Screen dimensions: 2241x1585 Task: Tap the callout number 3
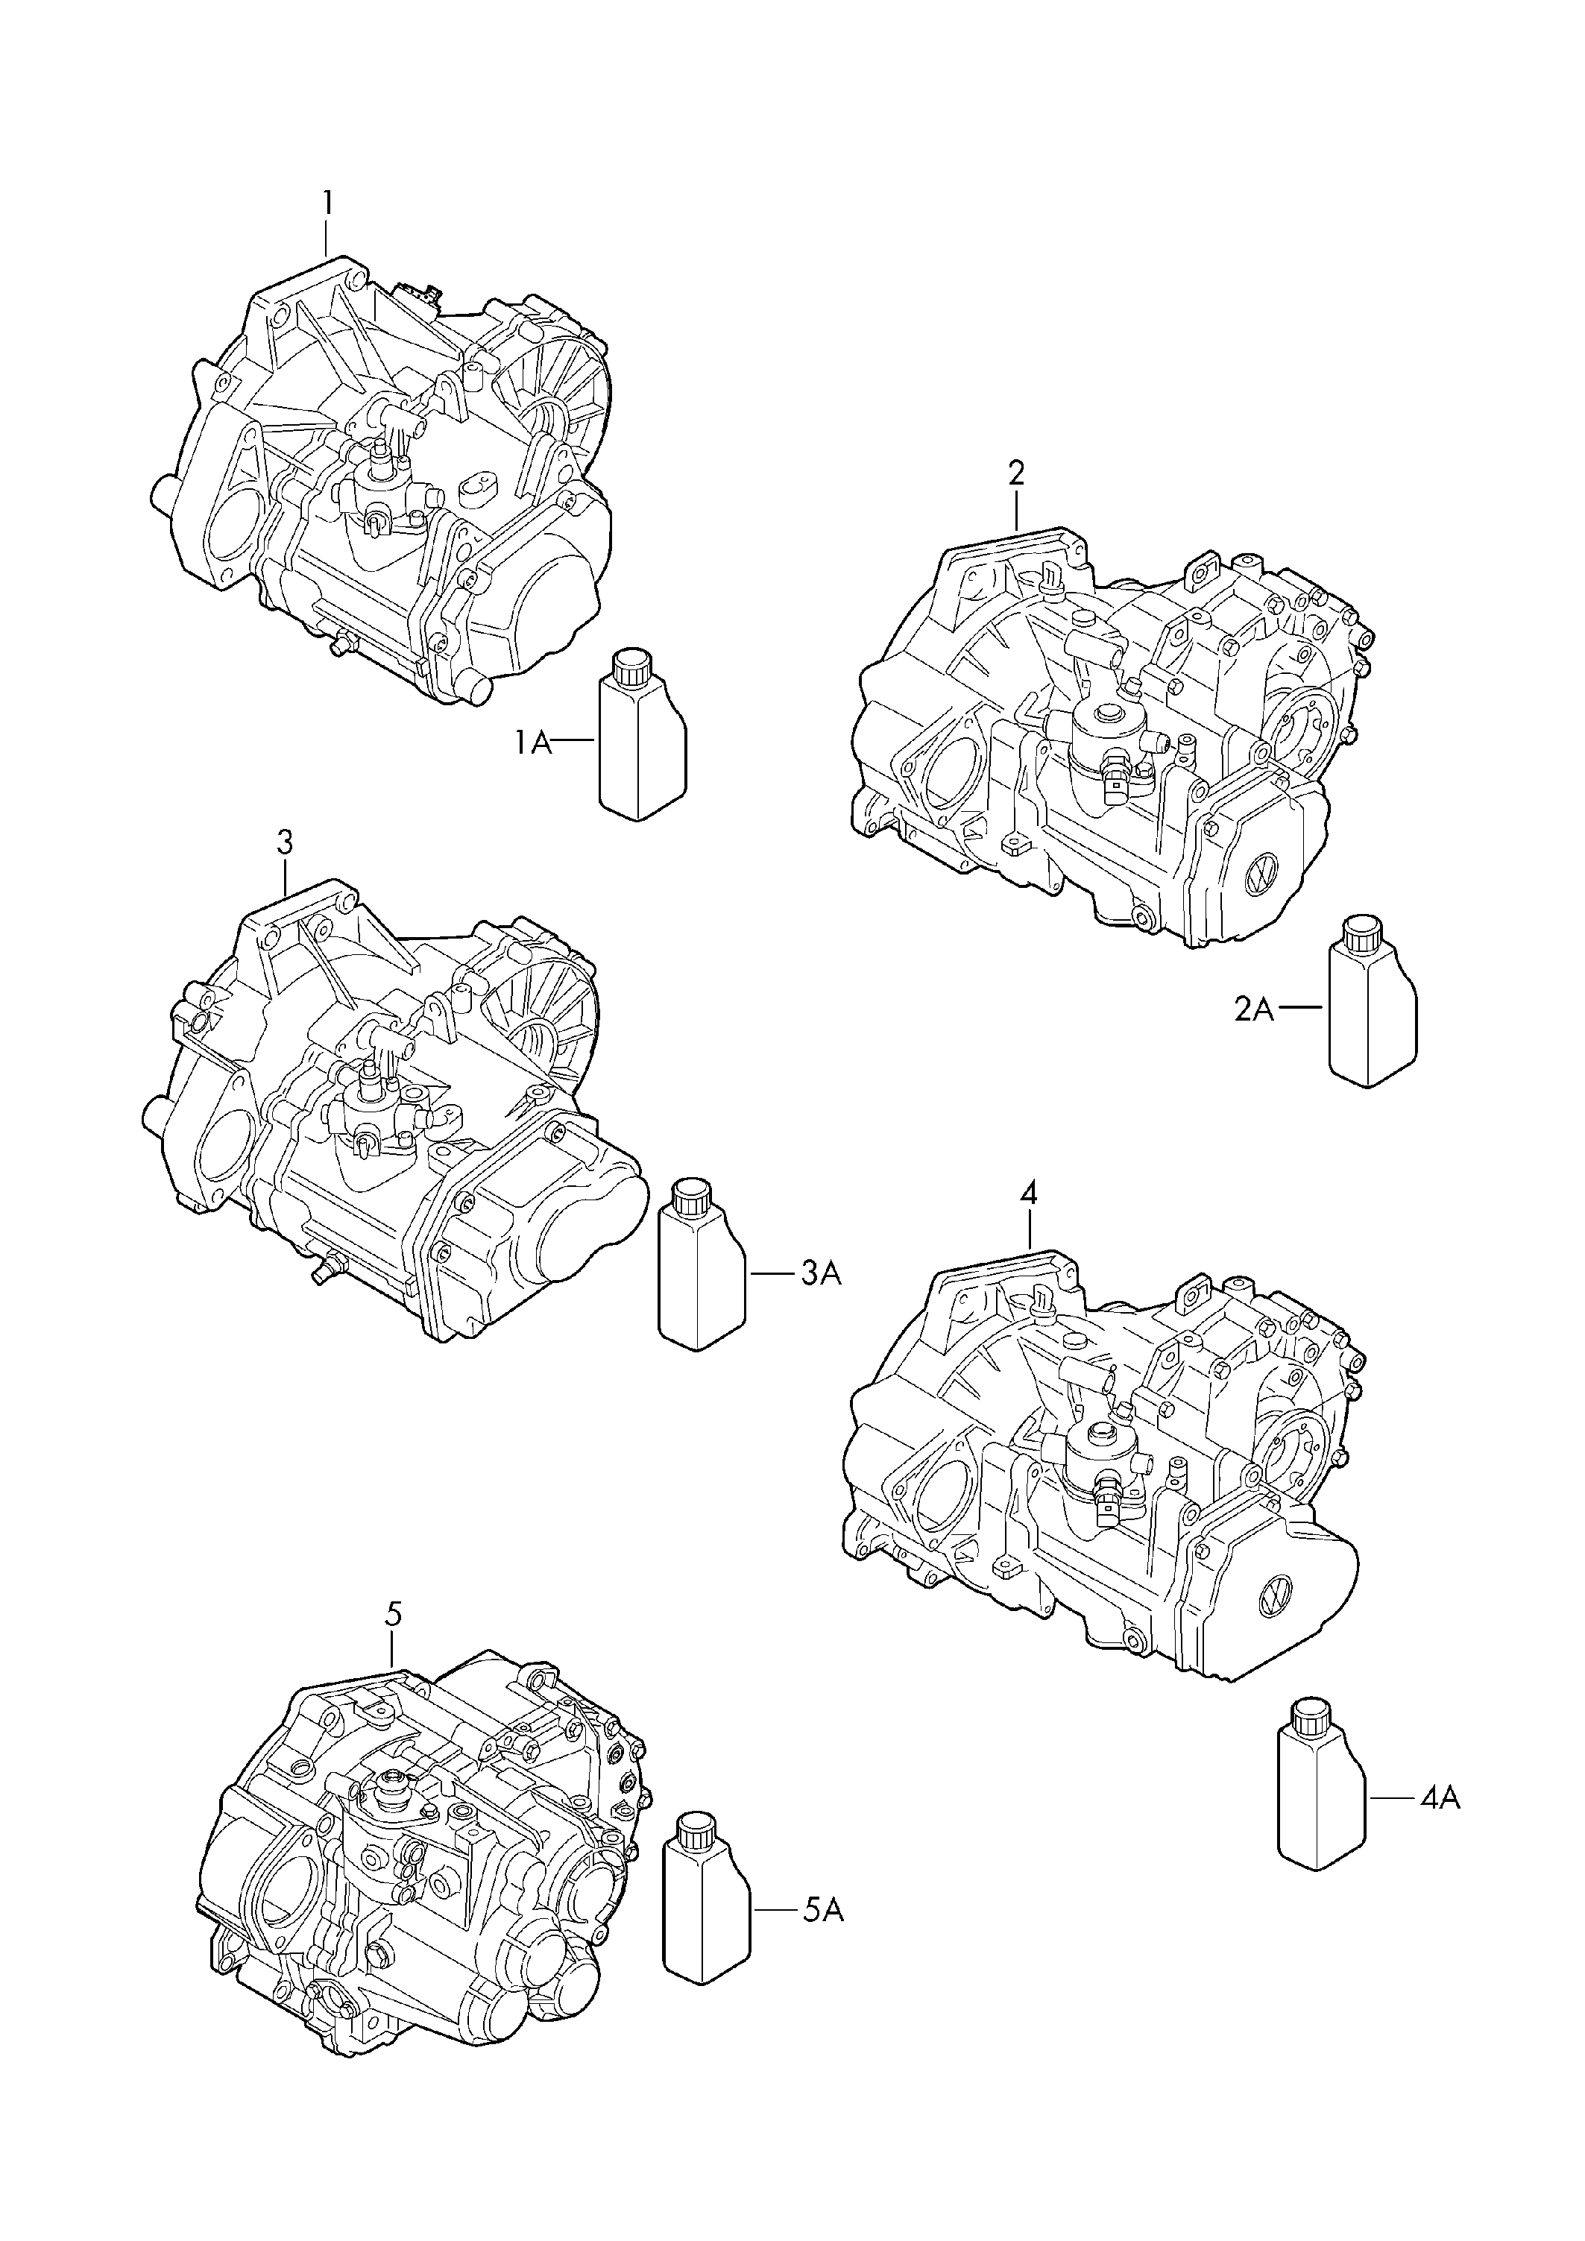click(284, 842)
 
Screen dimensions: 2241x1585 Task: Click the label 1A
click(534, 744)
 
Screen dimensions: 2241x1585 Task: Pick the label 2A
click(1254, 1010)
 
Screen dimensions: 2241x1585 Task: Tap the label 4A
click(1440, 1797)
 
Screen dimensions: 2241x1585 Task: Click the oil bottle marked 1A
click(641, 747)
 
